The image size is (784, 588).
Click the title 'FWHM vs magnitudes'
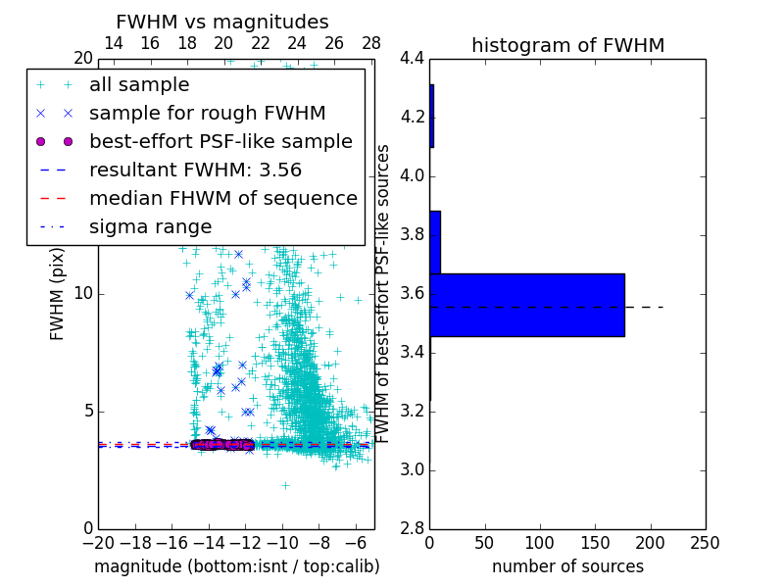[222, 22]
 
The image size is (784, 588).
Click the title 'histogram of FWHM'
[567, 45]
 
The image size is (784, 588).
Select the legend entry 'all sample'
[139, 85]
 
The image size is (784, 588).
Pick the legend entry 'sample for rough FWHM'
[207, 114]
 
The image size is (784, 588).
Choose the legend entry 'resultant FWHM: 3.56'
[195, 170]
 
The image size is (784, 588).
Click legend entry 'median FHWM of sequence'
[222, 198]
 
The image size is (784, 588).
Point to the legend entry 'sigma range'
[150, 226]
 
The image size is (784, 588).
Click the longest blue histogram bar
[526, 305]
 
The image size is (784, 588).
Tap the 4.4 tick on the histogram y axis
[413, 59]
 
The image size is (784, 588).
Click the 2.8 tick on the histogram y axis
[413, 528]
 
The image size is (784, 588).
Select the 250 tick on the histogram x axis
[705, 543]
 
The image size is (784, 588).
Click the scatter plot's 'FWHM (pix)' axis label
[58, 294]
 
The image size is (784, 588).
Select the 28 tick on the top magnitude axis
[371, 43]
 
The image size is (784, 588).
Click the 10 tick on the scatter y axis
[83, 294]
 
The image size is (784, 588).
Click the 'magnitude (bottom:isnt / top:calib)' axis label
[236, 566]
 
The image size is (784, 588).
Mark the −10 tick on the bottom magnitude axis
[282, 543]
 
